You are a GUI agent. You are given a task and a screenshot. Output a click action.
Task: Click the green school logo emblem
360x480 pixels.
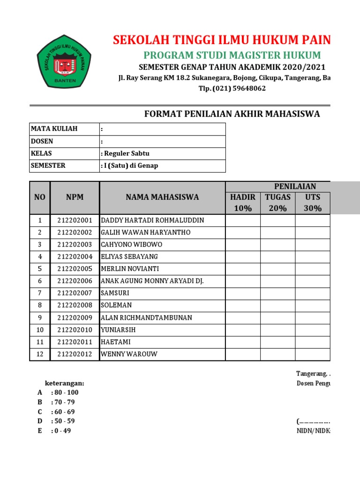pyautogui.click(x=65, y=63)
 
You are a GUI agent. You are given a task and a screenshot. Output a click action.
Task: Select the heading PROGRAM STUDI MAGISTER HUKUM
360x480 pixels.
pyautogui.click(x=232, y=55)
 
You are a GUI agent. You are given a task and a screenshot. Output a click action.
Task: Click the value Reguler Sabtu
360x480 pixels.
pyautogui.click(x=126, y=153)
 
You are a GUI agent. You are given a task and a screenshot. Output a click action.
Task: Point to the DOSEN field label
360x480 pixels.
pyautogui.click(x=42, y=141)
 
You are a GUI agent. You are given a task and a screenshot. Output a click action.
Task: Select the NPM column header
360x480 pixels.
pyautogui.click(x=75, y=197)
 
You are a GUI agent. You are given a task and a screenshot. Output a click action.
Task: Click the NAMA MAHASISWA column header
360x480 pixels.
pyautogui.click(x=162, y=197)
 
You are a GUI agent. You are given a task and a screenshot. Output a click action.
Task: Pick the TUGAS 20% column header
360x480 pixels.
pyautogui.click(x=277, y=202)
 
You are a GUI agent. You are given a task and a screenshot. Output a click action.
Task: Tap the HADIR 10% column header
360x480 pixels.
pyautogui.click(x=242, y=202)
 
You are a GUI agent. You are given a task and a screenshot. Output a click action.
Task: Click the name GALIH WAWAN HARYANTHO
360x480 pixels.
pyautogui.click(x=145, y=232)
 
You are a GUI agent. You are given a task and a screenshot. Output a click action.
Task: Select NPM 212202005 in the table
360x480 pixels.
pyautogui.click(x=75, y=269)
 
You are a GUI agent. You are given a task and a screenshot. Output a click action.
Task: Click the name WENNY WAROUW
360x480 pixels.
pyautogui.click(x=129, y=354)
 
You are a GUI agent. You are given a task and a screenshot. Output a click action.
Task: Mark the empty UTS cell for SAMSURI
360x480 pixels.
pyautogui.click(x=313, y=293)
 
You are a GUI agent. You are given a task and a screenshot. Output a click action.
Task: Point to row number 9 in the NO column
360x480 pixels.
pyautogui.click(x=40, y=318)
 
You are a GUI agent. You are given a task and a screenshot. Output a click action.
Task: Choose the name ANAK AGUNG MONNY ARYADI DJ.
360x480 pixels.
pyautogui.click(x=152, y=281)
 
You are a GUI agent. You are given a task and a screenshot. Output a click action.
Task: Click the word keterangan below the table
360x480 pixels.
pyautogui.click(x=65, y=383)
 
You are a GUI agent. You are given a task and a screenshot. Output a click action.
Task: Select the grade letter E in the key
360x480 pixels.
pyautogui.click(x=40, y=431)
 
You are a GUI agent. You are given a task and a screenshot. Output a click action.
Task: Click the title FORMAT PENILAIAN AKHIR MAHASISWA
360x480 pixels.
pyautogui.click(x=232, y=114)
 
